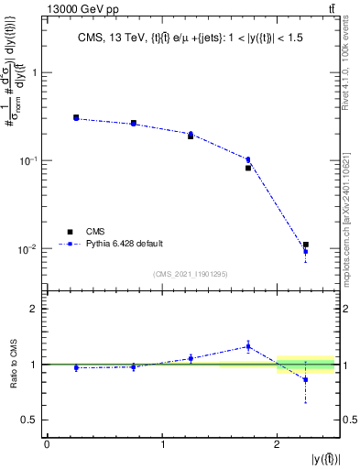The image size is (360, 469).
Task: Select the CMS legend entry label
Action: coord(95,231)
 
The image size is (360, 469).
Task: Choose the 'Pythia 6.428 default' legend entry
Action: coord(124,244)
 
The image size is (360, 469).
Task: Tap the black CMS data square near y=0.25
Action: coord(76,117)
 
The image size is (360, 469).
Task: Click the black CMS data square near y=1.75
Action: coord(248,168)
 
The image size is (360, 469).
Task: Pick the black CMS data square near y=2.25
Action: coord(306,245)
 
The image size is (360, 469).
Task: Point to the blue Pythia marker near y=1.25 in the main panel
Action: coord(191,134)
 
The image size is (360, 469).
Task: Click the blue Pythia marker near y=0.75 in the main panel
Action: coord(134,123)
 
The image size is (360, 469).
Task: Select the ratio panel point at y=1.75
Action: coord(248,345)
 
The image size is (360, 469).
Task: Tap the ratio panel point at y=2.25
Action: coord(306,378)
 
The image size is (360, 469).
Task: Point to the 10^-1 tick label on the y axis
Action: coord(32,160)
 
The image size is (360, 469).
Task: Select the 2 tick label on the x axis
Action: coord(278,444)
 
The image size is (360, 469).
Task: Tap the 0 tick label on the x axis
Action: coord(47,444)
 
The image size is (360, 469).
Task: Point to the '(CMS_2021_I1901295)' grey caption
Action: coord(191,274)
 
